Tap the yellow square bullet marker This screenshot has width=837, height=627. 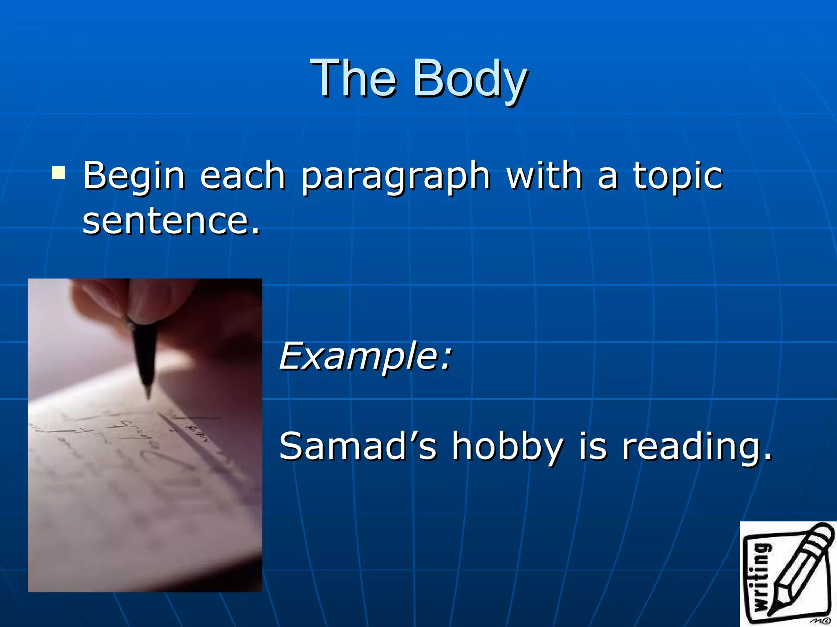58,173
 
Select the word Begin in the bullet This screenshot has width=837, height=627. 134,176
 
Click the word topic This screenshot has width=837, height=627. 678,176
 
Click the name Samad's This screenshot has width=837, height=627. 358,446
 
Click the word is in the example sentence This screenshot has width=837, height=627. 593,446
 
